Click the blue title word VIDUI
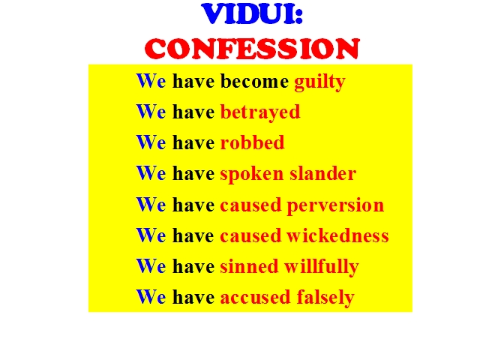[x=248, y=13]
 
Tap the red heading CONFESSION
[x=252, y=48]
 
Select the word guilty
[x=320, y=82]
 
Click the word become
[x=254, y=81]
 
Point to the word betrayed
[x=260, y=113]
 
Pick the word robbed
[x=253, y=142]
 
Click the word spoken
[x=252, y=175]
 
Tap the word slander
[x=323, y=173]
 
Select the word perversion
[x=335, y=205]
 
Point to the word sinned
[x=249, y=265]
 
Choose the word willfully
[x=322, y=267]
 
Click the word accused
[x=255, y=297]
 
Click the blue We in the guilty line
[x=151, y=81]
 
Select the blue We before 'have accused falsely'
[x=151, y=297]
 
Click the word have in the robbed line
[x=193, y=142]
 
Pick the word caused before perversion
[x=250, y=205]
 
